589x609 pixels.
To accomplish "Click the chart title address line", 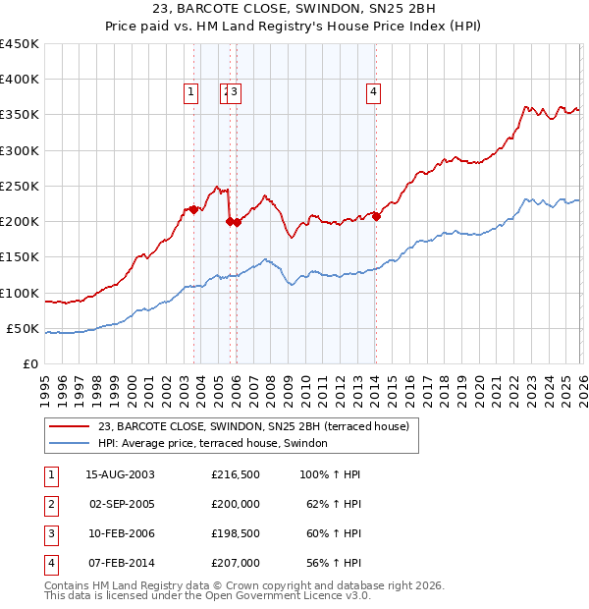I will [294, 11].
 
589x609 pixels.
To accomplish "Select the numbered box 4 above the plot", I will [374, 93].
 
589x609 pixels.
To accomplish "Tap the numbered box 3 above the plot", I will [237, 93].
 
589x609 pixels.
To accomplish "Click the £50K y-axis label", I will [24, 328].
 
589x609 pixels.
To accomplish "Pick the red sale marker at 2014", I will [376, 217].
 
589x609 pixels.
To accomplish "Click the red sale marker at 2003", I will [193, 209].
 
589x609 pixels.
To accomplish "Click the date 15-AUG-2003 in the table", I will [120, 474].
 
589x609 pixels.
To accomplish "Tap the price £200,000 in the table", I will [236, 504].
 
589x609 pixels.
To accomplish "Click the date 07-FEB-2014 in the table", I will [120, 563].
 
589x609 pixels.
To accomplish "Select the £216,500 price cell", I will [236, 474].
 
